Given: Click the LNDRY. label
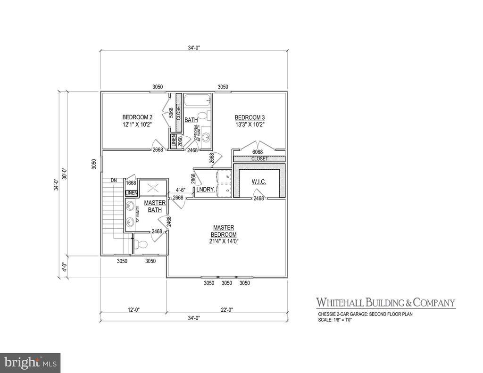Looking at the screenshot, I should click(206, 190).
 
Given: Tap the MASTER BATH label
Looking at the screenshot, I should click(154, 206).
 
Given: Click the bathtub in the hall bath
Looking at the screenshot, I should click(197, 100).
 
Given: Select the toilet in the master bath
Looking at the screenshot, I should click(140, 244).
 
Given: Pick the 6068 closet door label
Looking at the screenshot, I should click(258, 152).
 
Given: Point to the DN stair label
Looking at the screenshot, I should click(114, 180).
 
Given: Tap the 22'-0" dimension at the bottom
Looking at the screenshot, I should click(227, 310).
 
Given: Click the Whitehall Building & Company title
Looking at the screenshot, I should click(385, 302).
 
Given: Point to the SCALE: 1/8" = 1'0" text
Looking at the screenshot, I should click(335, 320).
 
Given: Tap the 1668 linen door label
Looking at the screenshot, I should click(131, 183).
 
